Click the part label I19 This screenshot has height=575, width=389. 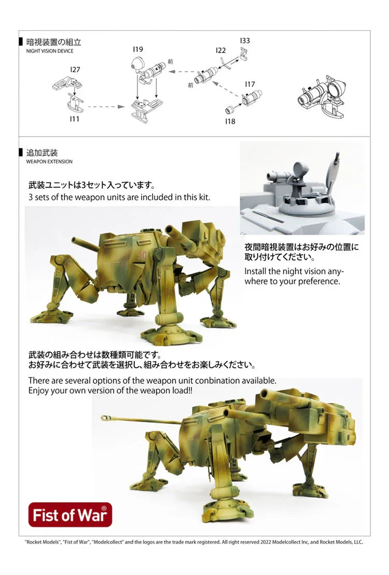(138, 49)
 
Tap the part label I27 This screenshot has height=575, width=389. (75, 70)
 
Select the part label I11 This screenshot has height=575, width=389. (74, 119)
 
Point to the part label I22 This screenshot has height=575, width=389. (221, 50)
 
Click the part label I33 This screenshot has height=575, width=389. (245, 41)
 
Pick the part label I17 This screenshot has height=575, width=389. (250, 84)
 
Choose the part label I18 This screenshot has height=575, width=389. (230, 121)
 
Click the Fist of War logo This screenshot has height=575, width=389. (71, 515)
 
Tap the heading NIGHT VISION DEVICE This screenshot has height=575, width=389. (50, 51)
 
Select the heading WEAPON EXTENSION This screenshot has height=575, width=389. (49, 162)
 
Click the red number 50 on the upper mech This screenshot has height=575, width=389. (142, 255)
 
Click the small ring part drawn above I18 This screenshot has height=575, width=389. (230, 109)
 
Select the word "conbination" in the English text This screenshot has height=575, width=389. (216, 381)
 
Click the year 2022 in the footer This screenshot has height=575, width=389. (266, 542)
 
